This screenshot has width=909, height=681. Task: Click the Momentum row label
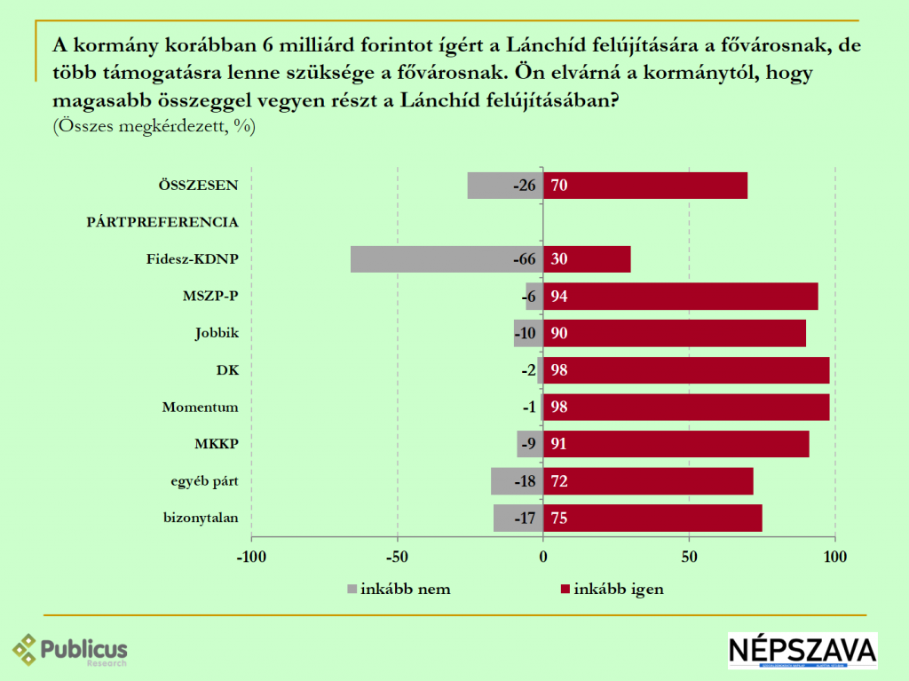pyautogui.click(x=201, y=408)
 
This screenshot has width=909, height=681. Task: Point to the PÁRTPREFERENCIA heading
pyautogui.click(x=162, y=222)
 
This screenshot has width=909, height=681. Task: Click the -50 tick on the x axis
pyautogui.click(x=397, y=558)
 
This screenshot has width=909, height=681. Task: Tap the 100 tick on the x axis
pyautogui.click(x=835, y=558)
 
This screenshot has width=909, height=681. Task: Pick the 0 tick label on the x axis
pyautogui.click(x=543, y=558)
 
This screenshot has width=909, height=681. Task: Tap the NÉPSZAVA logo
pyautogui.click(x=802, y=650)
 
